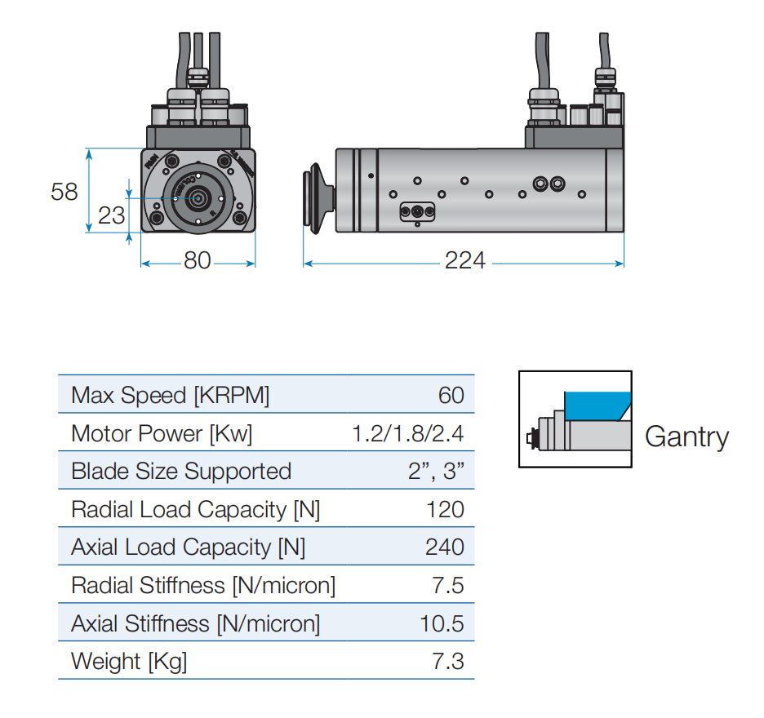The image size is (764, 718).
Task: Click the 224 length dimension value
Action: tap(464, 260)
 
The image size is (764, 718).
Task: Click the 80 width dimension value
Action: tap(198, 260)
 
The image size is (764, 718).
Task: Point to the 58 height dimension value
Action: tap(64, 192)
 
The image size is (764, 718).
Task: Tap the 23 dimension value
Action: tap(112, 215)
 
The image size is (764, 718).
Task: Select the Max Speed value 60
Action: tap(451, 395)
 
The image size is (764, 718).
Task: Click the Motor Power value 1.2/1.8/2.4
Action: tap(408, 433)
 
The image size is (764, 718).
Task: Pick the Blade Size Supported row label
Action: tap(181, 471)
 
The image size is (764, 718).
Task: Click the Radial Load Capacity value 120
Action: tap(446, 509)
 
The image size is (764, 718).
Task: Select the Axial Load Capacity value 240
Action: tap(445, 547)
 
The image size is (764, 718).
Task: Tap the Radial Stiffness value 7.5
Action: tap(448, 585)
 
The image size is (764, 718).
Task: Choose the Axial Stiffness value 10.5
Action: tap(442, 623)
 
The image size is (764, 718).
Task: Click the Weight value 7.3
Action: tap(448, 661)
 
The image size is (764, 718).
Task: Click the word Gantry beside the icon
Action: tap(687, 437)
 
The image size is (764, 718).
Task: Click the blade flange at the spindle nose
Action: tap(318, 198)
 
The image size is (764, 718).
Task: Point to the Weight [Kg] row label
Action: tap(129, 662)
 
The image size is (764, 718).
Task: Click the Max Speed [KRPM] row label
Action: tap(170, 396)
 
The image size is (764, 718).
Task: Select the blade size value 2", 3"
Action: tap(436, 471)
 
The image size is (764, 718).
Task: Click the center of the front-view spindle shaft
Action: tap(198, 198)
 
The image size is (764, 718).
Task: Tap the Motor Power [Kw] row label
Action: tap(162, 433)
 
